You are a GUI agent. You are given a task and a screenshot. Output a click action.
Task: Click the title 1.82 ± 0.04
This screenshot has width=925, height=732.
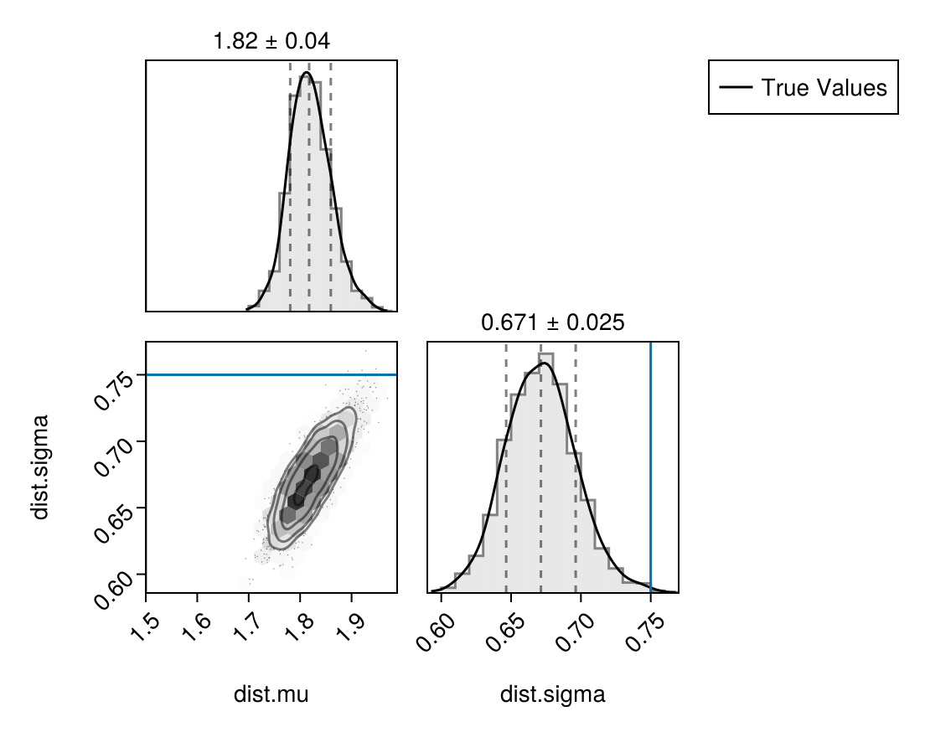pyautogui.click(x=271, y=40)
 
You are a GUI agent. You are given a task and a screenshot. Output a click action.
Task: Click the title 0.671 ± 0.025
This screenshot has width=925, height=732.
pyautogui.click(x=552, y=322)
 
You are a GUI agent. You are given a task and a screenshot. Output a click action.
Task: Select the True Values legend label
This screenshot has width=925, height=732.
pyautogui.click(x=824, y=87)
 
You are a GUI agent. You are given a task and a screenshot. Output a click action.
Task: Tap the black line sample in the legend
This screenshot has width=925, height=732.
pyautogui.click(x=735, y=87)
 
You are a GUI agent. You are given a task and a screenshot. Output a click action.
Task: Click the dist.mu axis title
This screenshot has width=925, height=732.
pyautogui.click(x=271, y=694)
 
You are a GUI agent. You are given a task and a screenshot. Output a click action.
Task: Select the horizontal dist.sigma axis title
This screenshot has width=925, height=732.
pyautogui.click(x=552, y=694)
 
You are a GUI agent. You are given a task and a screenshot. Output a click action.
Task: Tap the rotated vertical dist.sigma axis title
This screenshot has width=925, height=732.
pyautogui.click(x=40, y=467)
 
